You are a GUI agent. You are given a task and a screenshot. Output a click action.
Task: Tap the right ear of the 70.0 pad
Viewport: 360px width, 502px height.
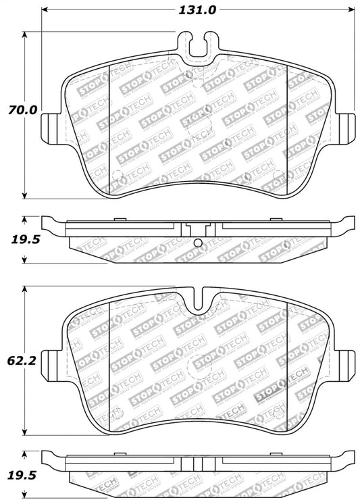point(345,126)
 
